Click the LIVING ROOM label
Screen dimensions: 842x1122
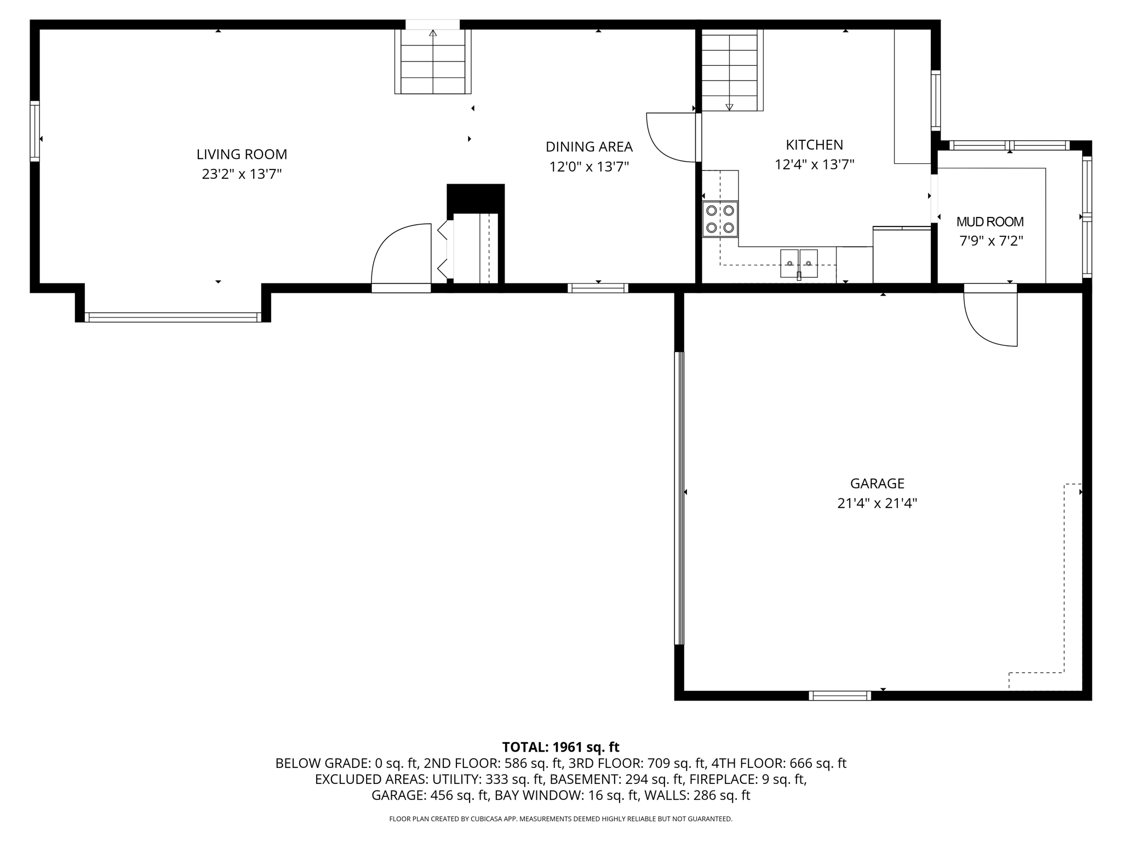242,155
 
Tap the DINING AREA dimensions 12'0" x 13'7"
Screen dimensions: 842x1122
589,167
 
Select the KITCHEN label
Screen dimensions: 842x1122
814,145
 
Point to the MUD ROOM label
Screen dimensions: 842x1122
989,222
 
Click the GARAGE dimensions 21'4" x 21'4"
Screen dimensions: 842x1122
877,503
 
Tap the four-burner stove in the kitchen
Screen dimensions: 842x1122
720,219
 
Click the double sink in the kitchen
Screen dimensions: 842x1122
798,264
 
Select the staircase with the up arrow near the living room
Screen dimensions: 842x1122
433,61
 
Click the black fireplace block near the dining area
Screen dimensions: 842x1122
476,198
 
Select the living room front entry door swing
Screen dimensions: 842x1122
401,255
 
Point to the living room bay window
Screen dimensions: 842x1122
173,317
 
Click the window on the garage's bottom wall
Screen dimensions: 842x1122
839,696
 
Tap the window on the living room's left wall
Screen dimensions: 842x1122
35,131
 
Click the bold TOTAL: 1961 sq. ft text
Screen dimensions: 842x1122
560,747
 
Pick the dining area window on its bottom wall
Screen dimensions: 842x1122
598,288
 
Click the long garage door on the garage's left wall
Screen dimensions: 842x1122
679,498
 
